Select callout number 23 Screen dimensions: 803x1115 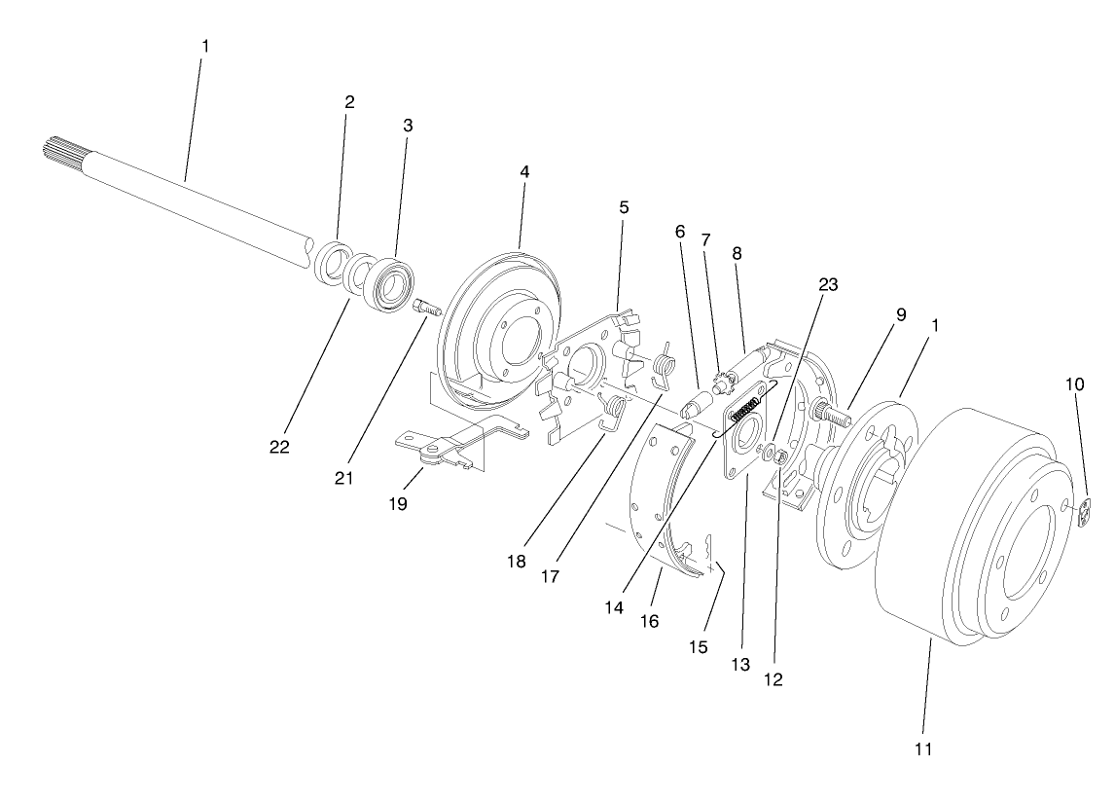point(828,285)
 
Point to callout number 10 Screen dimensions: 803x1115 point(1074,384)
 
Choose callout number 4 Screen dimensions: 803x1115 point(524,171)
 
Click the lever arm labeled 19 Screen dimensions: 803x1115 point(438,449)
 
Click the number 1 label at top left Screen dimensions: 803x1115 point(204,46)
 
